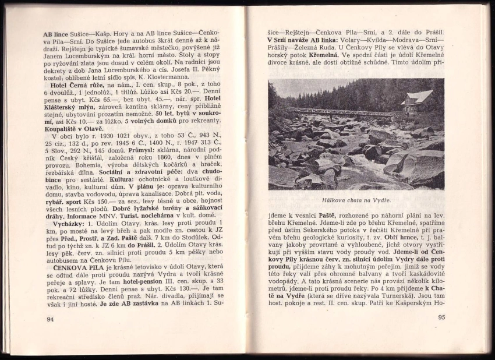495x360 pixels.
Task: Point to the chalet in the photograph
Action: pos(418,100)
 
